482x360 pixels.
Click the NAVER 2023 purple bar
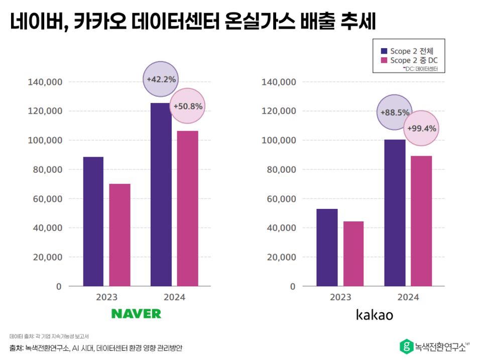point(93,221)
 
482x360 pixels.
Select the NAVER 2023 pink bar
point(119,235)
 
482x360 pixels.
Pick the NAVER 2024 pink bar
point(187,208)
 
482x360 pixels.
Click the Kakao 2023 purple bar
point(327,248)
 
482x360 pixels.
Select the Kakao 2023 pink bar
point(353,254)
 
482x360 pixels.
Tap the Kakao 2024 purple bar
point(395,213)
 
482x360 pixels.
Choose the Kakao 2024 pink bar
point(421,221)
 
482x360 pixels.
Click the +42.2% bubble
point(161,79)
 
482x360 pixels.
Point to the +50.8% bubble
point(187,106)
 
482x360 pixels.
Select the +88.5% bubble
point(394,112)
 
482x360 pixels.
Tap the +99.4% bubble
point(421,128)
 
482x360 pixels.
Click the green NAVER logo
point(136,314)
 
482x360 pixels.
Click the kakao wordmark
point(374,315)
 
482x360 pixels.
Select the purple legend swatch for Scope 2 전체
point(384,51)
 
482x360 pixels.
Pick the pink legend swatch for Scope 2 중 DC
point(384,60)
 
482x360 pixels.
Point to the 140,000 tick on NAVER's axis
point(44,82)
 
